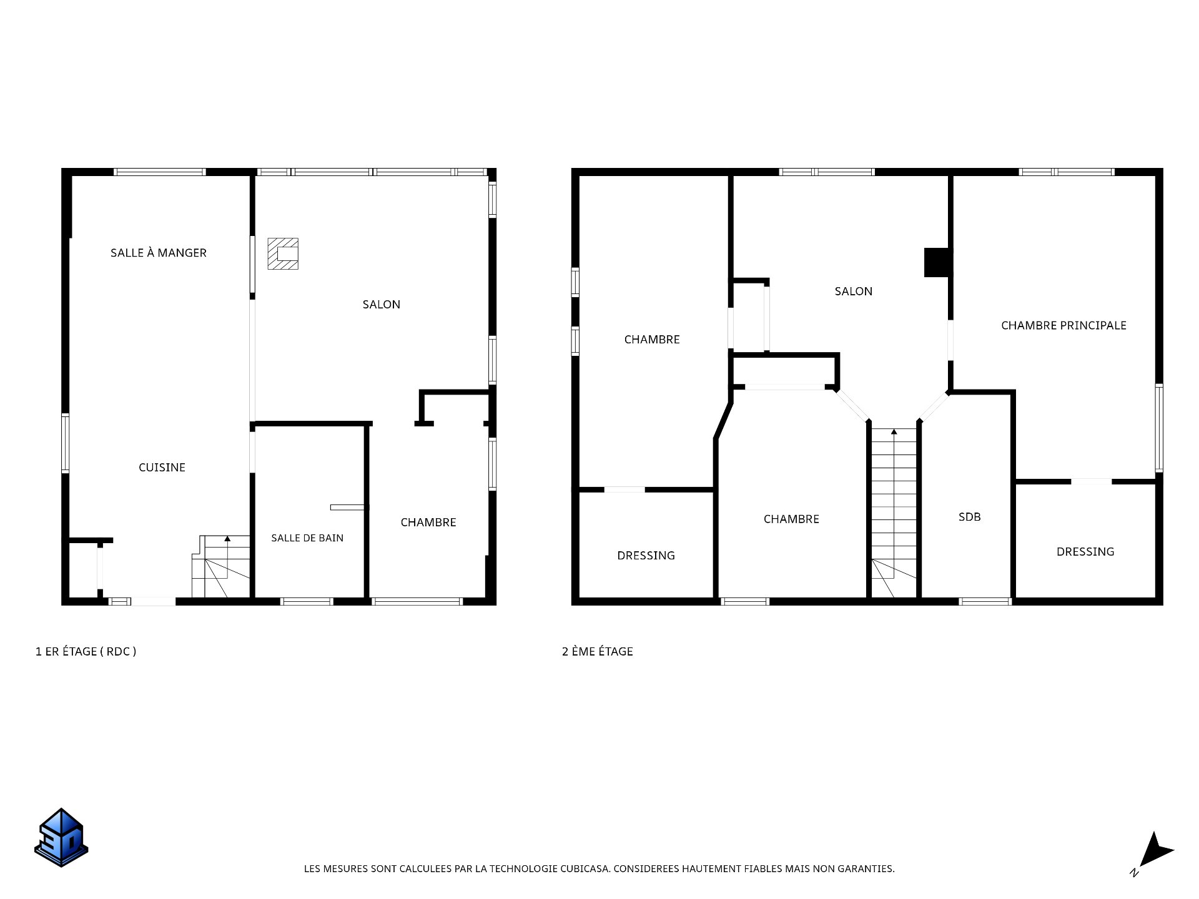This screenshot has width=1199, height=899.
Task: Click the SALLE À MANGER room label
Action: pyautogui.click(x=159, y=253)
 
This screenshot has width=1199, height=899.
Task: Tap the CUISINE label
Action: pyautogui.click(x=162, y=468)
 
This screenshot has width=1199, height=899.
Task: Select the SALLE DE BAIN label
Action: pyautogui.click(x=307, y=538)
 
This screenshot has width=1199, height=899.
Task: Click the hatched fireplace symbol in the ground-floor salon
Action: pyautogui.click(x=283, y=253)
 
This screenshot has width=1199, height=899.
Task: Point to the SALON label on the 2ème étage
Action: pyautogui.click(x=854, y=292)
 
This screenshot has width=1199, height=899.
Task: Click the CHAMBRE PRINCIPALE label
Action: pyautogui.click(x=1063, y=325)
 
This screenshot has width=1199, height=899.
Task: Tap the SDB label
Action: pyautogui.click(x=970, y=517)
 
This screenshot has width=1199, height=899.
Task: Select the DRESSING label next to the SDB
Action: pyautogui.click(x=1085, y=552)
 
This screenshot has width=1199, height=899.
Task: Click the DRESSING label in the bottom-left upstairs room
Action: pyautogui.click(x=646, y=556)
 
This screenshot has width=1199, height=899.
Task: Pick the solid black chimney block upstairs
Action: pyautogui.click(x=938, y=263)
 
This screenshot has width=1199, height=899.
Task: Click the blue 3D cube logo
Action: pyautogui.click(x=61, y=838)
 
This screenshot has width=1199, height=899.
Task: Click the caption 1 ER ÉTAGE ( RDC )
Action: pyautogui.click(x=86, y=652)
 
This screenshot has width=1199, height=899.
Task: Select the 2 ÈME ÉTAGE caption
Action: pyautogui.click(x=598, y=652)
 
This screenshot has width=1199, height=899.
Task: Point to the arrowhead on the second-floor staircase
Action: pyautogui.click(x=894, y=431)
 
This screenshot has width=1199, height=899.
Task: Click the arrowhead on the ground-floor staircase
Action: pyautogui.click(x=227, y=538)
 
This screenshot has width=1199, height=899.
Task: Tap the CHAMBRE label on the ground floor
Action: pyautogui.click(x=428, y=523)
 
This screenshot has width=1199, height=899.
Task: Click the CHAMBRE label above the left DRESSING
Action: pyautogui.click(x=652, y=340)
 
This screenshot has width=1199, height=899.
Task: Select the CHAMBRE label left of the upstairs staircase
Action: pyautogui.click(x=791, y=519)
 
